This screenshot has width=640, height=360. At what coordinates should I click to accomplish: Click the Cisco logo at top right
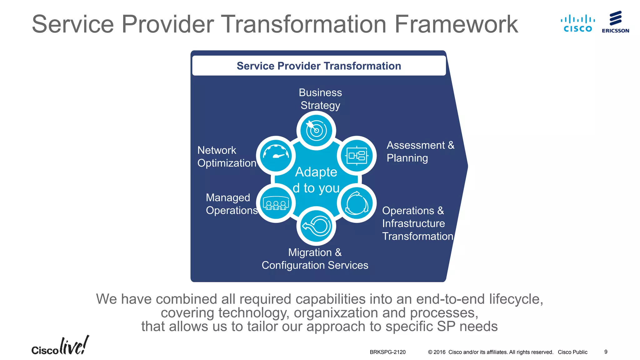(x=577, y=23)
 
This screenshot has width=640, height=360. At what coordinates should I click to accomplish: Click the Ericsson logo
(x=615, y=22)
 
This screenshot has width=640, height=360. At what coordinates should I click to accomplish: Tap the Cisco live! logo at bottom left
(x=60, y=346)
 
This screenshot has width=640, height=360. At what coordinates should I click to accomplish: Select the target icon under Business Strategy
(x=316, y=131)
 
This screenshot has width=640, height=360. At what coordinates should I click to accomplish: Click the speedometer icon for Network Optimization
(x=276, y=155)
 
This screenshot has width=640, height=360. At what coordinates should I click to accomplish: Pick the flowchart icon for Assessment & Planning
(x=357, y=155)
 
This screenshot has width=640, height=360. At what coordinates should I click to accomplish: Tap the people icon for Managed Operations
(x=276, y=203)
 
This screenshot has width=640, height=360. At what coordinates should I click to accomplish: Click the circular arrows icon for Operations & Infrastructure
(x=357, y=203)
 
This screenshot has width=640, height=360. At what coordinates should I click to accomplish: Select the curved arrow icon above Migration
(x=316, y=226)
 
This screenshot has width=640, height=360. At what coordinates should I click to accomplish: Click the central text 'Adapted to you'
(x=316, y=180)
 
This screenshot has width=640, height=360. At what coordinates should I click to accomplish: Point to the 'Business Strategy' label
(x=320, y=99)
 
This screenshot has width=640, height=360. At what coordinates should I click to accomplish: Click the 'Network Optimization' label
(x=227, y=157)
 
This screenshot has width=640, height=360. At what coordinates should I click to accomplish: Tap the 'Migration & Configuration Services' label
(x=315, y=259)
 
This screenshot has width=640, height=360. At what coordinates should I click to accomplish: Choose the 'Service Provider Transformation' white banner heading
(x=319, y=66)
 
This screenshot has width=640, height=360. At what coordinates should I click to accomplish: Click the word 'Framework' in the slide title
(x=456, y=24)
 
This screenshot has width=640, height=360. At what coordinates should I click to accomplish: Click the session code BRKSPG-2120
(x=387, y=352)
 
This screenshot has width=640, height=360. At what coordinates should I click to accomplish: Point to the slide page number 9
(x=606, y=352)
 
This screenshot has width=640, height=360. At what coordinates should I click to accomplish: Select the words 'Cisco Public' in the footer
(x=572, y=352)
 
